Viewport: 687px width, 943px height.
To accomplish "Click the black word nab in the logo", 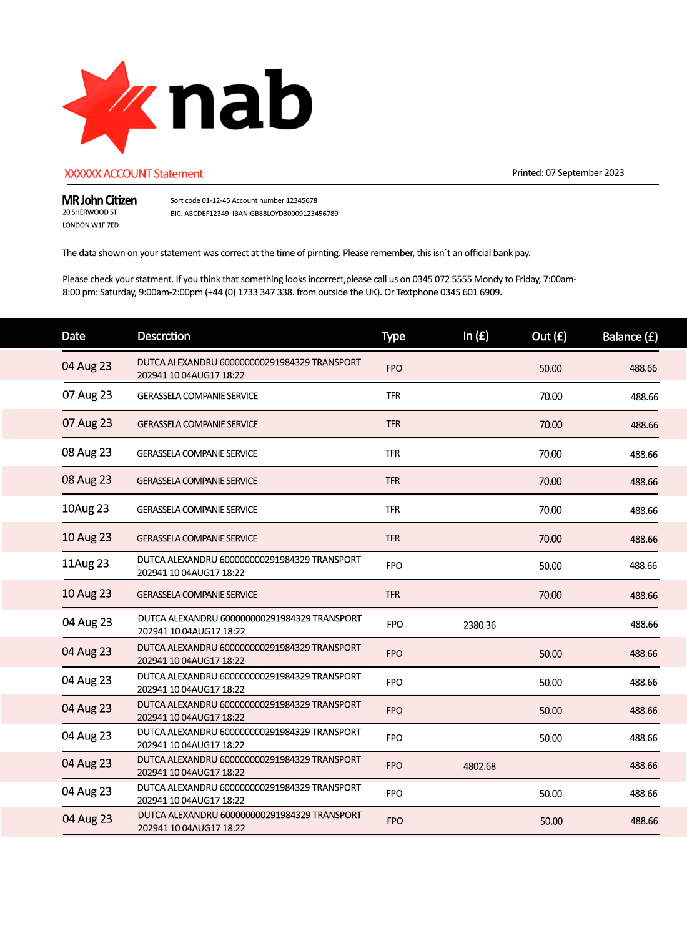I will [x=240, y=100].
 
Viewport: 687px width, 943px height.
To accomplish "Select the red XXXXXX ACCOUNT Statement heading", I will [x=134, y=174].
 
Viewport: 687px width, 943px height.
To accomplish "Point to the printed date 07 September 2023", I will [x=585, y=173].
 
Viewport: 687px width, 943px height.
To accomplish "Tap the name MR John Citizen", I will [x=99, y=200].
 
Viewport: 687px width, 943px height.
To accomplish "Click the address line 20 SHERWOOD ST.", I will [x=90, y=212].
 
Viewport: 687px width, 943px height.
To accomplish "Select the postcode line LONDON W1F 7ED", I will [x=91, y=225].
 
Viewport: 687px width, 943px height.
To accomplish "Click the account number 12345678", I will [x=302, y=200].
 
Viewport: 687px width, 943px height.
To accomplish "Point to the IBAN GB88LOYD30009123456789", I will [x=294, y=214].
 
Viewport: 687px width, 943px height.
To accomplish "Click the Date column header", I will [x=74, y=337].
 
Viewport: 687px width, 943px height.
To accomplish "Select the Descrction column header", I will [x=164, y=337].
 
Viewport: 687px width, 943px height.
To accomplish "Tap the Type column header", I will [x=393, y=337].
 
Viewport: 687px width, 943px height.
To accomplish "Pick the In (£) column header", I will [x=476, y=337].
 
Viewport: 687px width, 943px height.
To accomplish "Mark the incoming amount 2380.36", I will [x=480, y=625].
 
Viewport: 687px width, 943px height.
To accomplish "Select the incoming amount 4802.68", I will [x=480, y=766].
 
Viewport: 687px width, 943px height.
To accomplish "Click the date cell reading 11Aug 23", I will [x=86, y=564].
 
